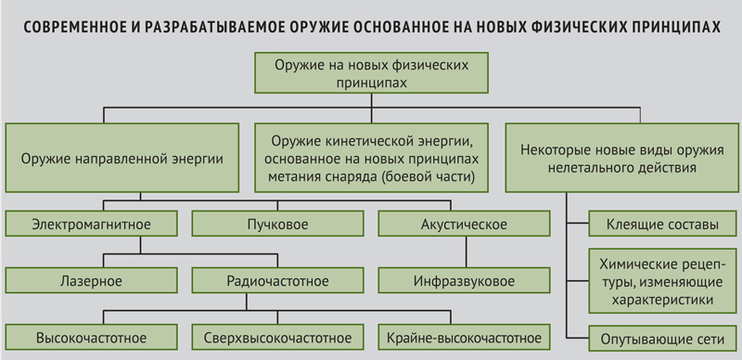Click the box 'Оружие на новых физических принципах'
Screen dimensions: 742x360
click(x=371, y=72)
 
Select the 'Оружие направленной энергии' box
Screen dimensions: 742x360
click(x=122, y=158)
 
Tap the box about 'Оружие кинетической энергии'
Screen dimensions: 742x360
click(x=371, y=158)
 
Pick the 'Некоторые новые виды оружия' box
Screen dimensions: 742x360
click(x=621, y=158)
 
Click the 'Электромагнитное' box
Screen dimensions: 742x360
click(x=91, y=224)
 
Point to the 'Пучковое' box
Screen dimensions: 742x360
click(x=277, y=224)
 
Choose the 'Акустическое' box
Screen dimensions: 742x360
click(x=464, y=224)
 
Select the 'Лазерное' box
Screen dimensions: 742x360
click(x=91, y=280)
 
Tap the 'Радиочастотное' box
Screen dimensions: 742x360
click(x=277, y=280)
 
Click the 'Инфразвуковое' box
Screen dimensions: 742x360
click(x=464, y=280)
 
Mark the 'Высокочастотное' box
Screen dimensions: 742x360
click(x=91, y=337)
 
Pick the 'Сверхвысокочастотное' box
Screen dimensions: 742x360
click(x=277, y=337)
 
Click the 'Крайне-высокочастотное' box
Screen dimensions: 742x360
click(x=464, y=337)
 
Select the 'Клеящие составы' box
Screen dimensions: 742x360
click(x=662, y=224)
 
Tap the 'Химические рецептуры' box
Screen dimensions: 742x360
click(x=662, y=280)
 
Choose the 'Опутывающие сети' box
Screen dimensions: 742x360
click(x=662, y=339)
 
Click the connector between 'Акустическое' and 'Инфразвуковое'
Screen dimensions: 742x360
click(x=466, y=252)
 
